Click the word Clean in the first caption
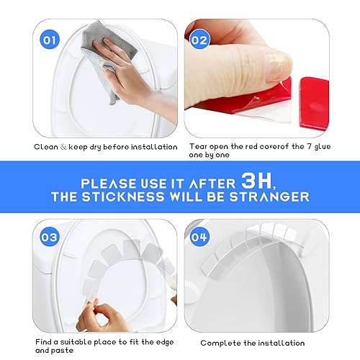coord(47,147)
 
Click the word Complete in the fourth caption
coord(219,343)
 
